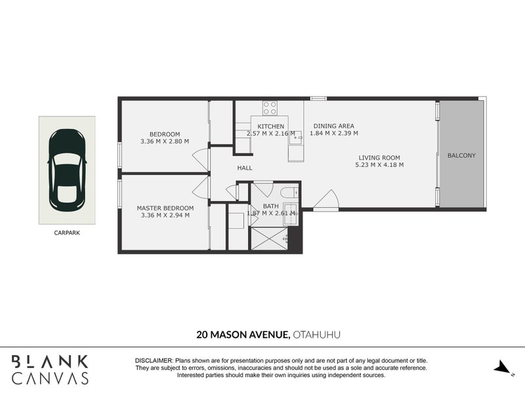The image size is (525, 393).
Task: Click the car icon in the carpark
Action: [x=66, y=169]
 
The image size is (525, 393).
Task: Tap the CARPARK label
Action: [x=66, y=232]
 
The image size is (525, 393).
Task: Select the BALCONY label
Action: [x=461, y=156]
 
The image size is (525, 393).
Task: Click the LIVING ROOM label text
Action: [x=379, y=157]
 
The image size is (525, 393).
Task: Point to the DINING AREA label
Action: [x=334, y=126]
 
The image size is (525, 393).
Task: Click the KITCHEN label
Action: [x=270, y=126]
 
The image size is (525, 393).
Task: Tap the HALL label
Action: [x=245, y=168]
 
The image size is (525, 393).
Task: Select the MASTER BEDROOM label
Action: [x=165, y=208]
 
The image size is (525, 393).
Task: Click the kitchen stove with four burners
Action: [x=270, y=108]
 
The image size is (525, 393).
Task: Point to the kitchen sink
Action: [x=296, y=138]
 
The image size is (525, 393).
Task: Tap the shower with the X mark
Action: [x=269, y=238]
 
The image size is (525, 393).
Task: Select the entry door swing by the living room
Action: [x=326, y=200]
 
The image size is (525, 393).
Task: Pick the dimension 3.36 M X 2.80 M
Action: [x=165, y=141]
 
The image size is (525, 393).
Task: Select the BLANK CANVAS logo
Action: [x=50, y=369]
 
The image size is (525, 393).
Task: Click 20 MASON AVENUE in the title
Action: [x=243, y=335]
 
